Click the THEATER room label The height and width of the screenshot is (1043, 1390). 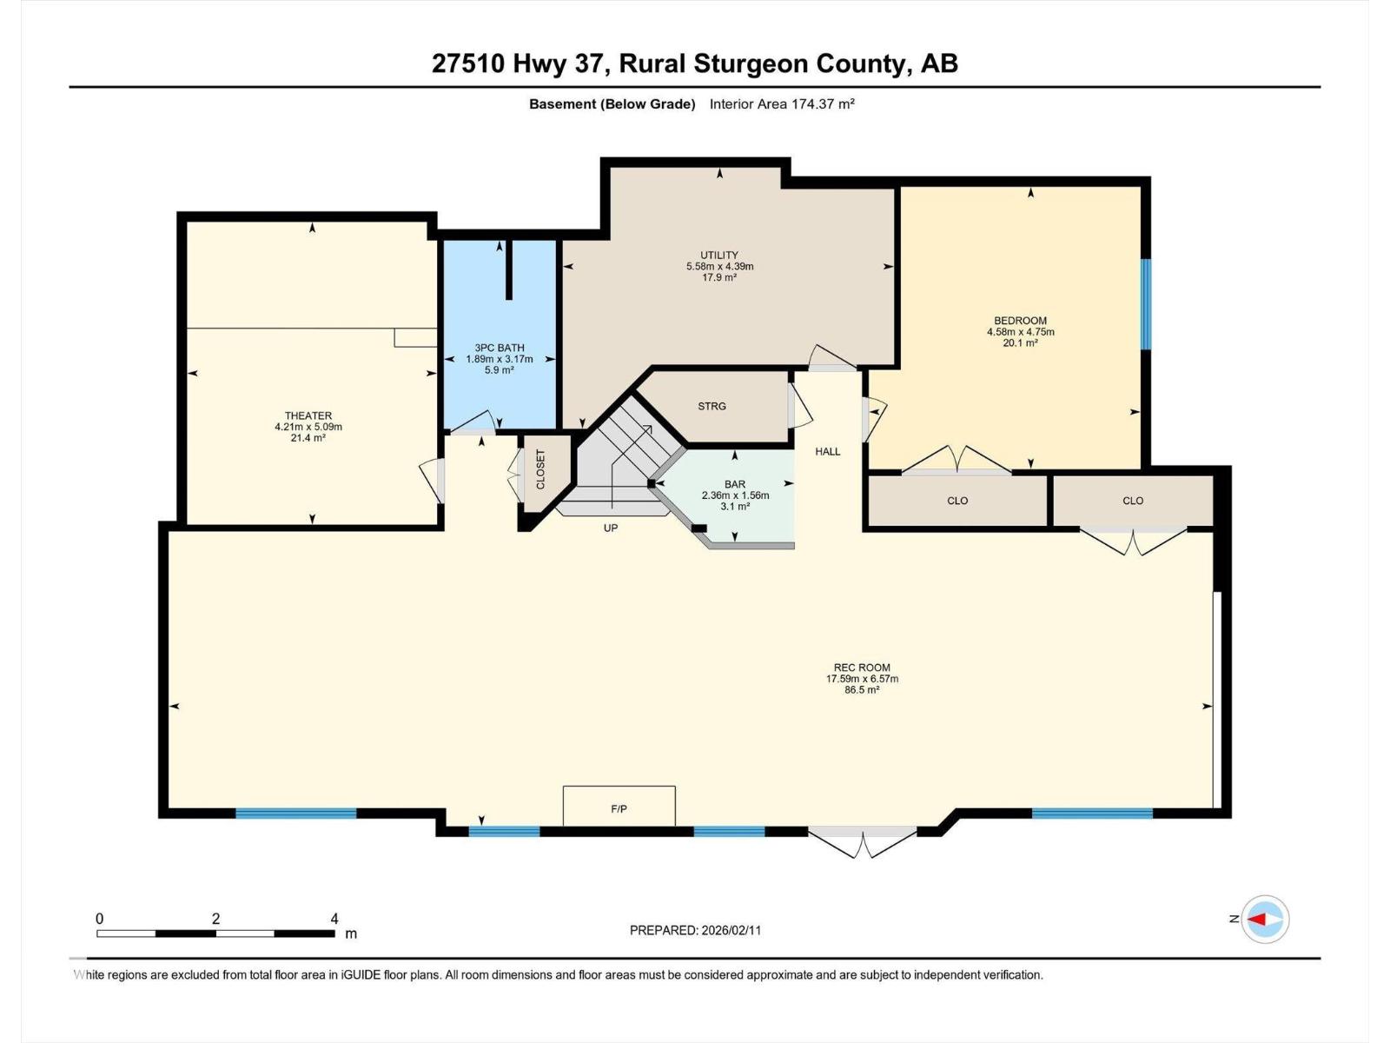pyautogui.click(x=308, y=415)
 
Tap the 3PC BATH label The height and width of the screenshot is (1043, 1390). pyautogui.click(x=500, y=348)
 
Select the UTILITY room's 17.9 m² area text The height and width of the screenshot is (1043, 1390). pyautogui.click(x=719, y=277)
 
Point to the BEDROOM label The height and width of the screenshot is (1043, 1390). pyautogui.click(x=1020, y=321)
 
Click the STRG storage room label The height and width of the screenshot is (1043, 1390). pyautogui.click(x=712, y=406)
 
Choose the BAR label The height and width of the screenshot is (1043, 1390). pyautogui.click(x=735, y=484)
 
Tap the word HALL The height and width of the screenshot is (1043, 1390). pyautogui.click(x=827, y=451)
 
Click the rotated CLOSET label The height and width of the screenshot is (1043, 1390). pyautogui.click(x=540, y=469)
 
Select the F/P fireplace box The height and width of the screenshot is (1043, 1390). pyautogui.click(x=619, y=806)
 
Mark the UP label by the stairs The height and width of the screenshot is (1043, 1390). pyautogui.click(x=611, y=528)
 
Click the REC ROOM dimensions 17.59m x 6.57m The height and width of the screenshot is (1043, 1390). pyautogui.click(x=862, y=679)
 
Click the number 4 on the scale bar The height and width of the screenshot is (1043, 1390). pyautogui.click(x=334, y=919)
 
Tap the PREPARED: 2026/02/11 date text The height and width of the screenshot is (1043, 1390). pyautogui.click(x=695, y=930)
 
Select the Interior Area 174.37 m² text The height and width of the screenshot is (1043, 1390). pyautogui.click(x=782, y=104)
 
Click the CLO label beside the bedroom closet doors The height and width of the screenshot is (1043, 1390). pyautogui.click(x=957, y=501)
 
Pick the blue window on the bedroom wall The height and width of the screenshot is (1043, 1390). pyautogui.click(x=1146, y=304)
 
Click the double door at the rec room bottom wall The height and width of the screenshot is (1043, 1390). pyautogui.click(x=862, y=840)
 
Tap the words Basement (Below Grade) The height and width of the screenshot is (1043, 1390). pyautogui.click(x=612, y=104)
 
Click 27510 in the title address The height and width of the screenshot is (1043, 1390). pyautogui.click(x=467, y=63)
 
